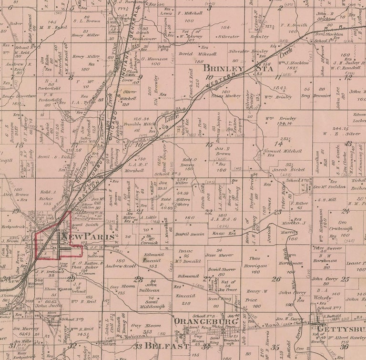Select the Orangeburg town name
point(206,321)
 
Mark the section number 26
point(276,279)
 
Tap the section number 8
point(71,77)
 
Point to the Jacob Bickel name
point(285,170)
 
